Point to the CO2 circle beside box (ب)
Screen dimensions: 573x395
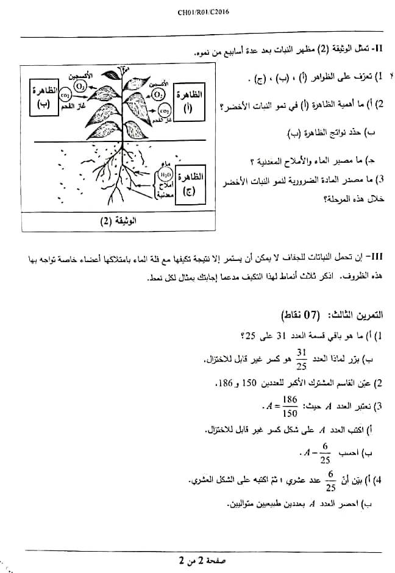pyautogui.click(x=65, y=94)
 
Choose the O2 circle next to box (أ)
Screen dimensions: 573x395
pyautogui.click(x=158, y=94)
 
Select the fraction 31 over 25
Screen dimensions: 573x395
pyautogui.click(x=302, y=358)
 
